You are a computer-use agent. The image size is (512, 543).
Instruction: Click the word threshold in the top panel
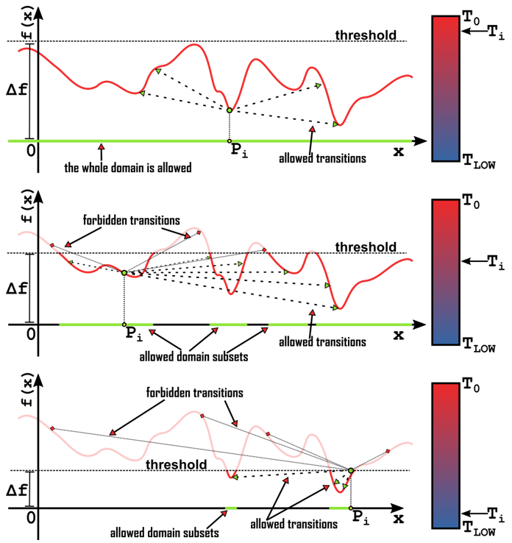[x=366, y=35]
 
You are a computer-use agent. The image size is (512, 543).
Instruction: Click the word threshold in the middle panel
[x=366, y=246]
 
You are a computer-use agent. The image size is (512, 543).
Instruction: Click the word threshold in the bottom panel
[x=177, y=464]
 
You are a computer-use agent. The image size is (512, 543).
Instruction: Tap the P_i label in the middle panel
[x=132, y=336]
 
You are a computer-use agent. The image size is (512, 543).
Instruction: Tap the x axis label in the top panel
[x=398, y=152]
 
